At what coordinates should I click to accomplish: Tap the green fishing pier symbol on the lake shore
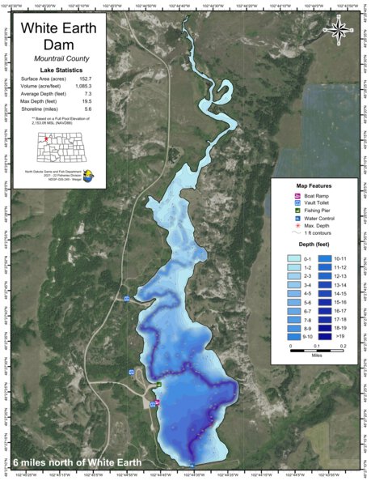pos(159,385)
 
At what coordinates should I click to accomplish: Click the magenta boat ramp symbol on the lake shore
pos(157,402)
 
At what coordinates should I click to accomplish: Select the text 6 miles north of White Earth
pos(78,462)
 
